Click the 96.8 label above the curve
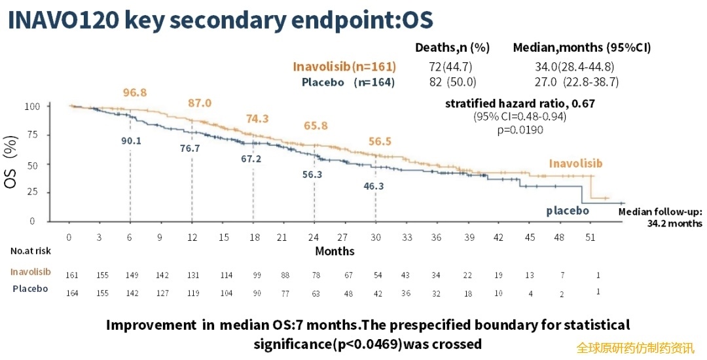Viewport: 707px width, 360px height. click(x=136, y=92)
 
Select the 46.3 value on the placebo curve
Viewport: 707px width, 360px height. click(x=374, y=187)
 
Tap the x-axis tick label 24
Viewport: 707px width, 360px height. click(x=314, y=238)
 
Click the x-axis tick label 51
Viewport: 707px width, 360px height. click(x=590, y=238)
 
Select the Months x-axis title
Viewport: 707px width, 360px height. click(x=335, y=251)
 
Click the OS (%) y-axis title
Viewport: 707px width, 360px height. click(x=11, y=164)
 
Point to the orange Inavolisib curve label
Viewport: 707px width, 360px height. click(x=575, y=164)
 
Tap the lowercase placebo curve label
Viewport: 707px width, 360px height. click(x=568, y=211)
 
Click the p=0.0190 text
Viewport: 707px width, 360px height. click(x=520, y=130)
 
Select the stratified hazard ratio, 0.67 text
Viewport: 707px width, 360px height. click(x=520, y=103)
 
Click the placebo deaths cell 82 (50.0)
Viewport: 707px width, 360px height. click(x=452, y=82)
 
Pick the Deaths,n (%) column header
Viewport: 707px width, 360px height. click(x=452, y=48)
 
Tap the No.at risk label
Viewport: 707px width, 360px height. click(x=31, y=251)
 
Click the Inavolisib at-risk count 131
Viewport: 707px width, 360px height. click(x=192, y=276)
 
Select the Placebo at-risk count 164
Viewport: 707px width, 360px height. click(x=72, y=293)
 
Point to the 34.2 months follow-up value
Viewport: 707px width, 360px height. click(x=676, y=223)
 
